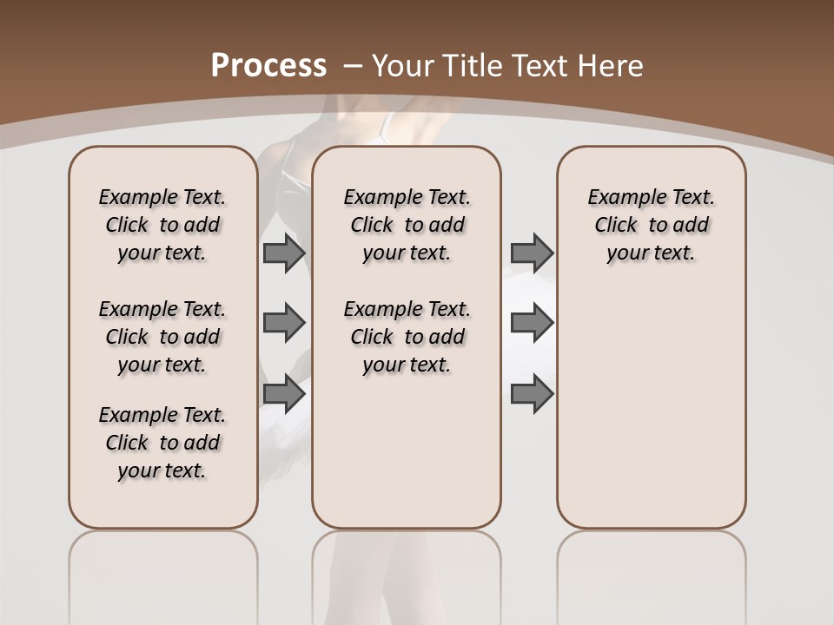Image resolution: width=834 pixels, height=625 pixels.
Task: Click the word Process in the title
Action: point(268,66)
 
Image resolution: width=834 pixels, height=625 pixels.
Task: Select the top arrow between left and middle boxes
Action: point(283,253)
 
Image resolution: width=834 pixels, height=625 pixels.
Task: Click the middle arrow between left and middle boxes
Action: point(283,323)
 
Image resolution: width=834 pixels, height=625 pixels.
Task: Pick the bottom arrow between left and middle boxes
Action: point(283,393)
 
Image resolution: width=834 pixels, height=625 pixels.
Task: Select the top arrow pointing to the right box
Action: point(532,253)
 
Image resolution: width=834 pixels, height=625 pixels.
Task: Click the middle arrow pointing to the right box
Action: point(532,323)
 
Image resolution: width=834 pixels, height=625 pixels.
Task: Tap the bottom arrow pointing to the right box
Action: point(532,393)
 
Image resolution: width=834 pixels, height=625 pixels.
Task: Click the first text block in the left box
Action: point(162,225)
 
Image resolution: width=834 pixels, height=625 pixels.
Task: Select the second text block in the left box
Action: point(162,337)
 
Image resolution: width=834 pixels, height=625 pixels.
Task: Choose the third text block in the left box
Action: point(162,443)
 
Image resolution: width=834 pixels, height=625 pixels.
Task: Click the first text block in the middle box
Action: point(407,225)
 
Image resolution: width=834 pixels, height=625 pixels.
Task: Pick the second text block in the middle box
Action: point(407,337)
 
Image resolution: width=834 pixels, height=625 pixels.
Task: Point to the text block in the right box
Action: point(651,225)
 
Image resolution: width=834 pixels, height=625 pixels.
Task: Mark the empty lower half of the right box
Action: point(651,417)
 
